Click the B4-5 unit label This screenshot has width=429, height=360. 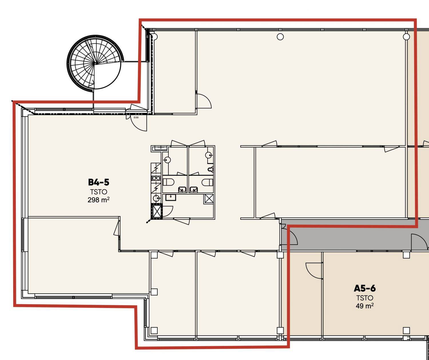(99, 182)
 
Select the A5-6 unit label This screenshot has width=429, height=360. (365, 288)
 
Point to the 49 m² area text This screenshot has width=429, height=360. (365, 306)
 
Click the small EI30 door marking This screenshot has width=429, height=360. (136, 118)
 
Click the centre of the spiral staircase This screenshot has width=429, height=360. (95, 63)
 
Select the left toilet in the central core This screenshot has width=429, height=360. (168, 182)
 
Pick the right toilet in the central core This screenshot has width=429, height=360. (208, 182)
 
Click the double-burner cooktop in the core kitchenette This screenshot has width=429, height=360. (156, 178)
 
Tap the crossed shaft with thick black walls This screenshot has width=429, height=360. (156, 211)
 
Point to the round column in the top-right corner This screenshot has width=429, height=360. (406, 37)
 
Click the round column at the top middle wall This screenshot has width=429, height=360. (280, 37)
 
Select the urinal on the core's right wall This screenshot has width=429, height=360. (210, 169)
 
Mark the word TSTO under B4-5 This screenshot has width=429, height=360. (99, 192)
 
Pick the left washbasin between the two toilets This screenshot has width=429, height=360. (182, 189)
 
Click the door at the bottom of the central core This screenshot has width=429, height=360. (181, 221)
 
